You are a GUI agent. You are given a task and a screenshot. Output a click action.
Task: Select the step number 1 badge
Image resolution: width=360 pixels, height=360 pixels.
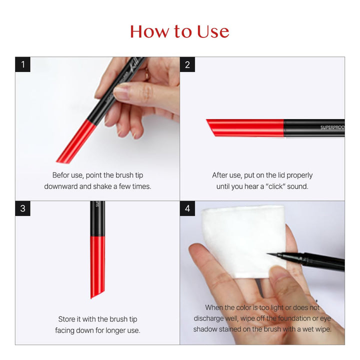tap(22, 64)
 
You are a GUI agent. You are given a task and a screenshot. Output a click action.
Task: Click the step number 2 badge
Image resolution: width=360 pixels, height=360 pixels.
tap(187, 64)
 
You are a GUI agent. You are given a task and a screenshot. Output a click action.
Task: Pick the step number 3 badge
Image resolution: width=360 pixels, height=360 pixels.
tap(22, 208)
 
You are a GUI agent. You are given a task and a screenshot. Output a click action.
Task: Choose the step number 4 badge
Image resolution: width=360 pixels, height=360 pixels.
tap(187, 208)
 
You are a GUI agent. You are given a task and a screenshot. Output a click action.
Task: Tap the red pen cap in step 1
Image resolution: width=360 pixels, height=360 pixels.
tap(76, 142)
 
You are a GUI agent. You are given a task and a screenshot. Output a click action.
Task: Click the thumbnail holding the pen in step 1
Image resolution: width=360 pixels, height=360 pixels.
tap(122, 91)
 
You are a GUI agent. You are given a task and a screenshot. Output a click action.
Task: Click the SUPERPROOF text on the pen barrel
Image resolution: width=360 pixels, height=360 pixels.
tap(332, 127)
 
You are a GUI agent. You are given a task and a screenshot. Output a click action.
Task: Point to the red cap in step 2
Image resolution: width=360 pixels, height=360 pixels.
tap(245, 127)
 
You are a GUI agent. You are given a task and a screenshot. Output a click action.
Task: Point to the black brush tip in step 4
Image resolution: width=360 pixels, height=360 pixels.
tap(280, 256)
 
